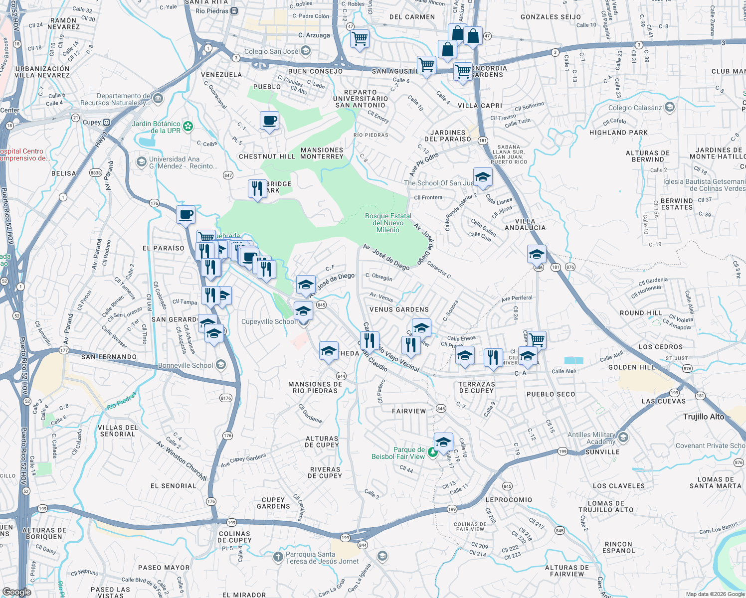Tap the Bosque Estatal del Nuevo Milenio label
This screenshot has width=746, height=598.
388,223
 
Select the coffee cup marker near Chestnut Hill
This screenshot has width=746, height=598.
269,121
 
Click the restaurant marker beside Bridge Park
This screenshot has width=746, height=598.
257,189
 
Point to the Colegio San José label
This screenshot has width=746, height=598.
271,51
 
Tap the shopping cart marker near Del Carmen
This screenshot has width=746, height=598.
360,39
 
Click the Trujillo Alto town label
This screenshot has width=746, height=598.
704,417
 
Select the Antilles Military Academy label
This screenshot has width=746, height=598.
591,438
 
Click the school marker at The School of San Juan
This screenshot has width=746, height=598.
482,177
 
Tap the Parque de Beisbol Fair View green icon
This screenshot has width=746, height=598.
433,452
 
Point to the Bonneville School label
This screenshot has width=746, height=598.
186,365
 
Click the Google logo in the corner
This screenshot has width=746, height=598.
16,592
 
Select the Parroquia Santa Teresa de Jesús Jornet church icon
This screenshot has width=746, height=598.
278,557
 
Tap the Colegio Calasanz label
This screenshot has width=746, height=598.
635,108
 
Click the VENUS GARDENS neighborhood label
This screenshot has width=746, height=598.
399,309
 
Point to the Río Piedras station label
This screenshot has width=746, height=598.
212,10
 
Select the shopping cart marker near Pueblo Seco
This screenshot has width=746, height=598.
537,340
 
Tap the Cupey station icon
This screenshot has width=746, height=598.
107,122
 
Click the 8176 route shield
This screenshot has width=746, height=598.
226,398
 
